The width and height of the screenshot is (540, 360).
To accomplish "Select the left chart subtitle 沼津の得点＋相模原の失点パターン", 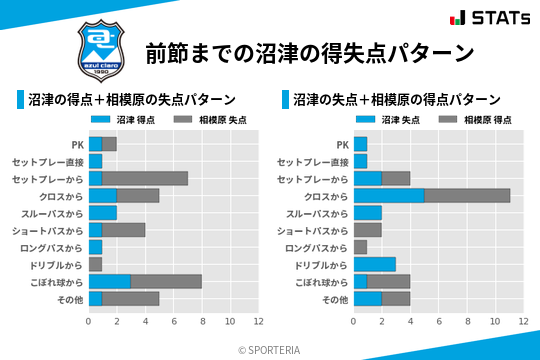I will point(132,100).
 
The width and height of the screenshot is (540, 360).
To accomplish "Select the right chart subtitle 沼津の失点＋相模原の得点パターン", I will point(397,100).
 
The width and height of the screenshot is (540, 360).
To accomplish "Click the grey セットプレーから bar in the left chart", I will point(145,178).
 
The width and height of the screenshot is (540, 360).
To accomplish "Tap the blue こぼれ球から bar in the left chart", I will point(109,282).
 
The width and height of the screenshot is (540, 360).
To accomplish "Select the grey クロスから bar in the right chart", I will point(467,196).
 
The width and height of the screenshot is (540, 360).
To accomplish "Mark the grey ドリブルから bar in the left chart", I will point(95,265).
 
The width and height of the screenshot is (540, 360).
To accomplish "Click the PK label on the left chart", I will point(77,144).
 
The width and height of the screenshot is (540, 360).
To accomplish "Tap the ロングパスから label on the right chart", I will point(317,247).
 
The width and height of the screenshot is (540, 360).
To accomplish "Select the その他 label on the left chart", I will point(70,299).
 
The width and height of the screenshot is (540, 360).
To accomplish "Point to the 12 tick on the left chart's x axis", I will point(258,322).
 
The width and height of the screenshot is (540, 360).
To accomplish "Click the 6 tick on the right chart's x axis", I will point(439,322).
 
